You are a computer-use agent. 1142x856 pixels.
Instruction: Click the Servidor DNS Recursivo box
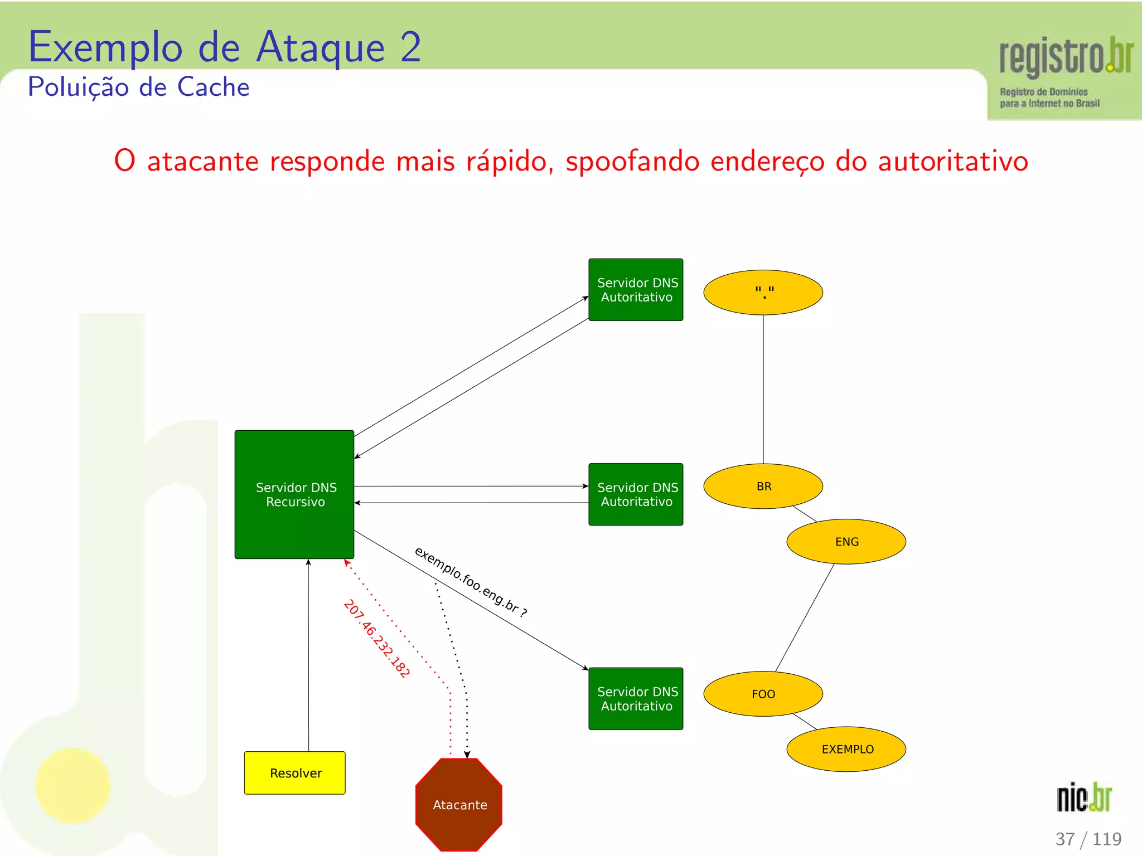pos(294,494)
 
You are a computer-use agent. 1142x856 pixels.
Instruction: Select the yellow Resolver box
pos(295,773)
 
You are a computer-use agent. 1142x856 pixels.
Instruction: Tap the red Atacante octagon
pos(459,804)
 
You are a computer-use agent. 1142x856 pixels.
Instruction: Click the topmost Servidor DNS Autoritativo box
pos(636,290)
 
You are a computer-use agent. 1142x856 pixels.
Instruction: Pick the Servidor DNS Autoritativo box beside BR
pos(636,494)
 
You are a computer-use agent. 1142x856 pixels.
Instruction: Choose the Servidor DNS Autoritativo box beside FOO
pos(636,699)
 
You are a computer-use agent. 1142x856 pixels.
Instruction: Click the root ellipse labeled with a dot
pos(763,293)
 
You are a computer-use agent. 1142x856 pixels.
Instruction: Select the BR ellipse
pos(763,486)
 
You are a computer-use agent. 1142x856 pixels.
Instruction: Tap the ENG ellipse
pos(846,542)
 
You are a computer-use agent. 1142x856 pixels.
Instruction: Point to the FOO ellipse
pos(763,694)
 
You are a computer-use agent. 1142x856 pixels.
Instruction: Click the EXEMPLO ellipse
pos(846,749)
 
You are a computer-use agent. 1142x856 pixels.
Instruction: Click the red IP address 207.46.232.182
pos(377,638)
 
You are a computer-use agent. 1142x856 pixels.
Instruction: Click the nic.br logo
pos(1084,797)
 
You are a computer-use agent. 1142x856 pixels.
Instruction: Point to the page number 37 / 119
pos(1088,839)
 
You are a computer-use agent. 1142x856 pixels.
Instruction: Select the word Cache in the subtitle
pos(213,87)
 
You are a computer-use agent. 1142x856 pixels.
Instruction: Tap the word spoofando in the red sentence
pos(632,162)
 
